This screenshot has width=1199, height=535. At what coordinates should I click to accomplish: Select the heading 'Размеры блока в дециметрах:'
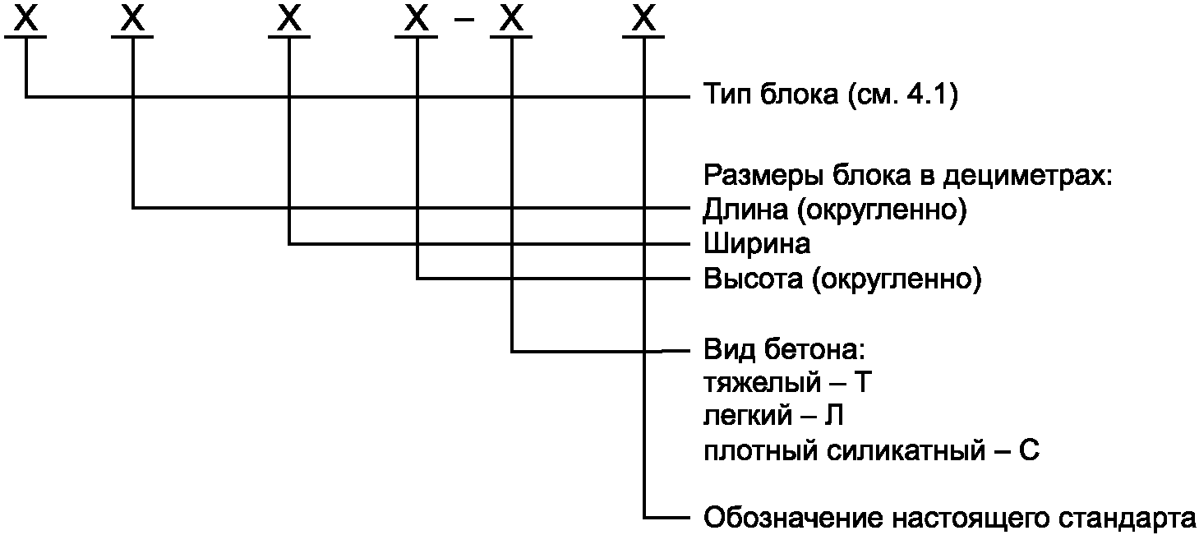pos(907,175)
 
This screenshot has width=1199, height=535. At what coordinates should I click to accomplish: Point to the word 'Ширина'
pos(757,244)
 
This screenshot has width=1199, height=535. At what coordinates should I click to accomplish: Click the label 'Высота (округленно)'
pos(842,279)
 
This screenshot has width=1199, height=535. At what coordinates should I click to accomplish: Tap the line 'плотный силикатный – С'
pos(872,450)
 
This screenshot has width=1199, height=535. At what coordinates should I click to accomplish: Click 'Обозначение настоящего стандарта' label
pos(949,519)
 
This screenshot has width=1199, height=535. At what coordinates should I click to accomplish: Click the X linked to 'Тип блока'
pos(28,17)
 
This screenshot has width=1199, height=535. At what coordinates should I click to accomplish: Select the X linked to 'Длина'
pos(132,17)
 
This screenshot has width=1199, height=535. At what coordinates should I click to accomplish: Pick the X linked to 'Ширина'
pos(289,17)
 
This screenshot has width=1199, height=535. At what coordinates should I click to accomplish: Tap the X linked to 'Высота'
pos(417,17)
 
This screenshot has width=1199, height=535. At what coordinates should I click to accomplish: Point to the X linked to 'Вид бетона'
pos(512,17)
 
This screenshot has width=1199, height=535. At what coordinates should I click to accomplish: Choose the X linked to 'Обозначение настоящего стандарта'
pos(643,17)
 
